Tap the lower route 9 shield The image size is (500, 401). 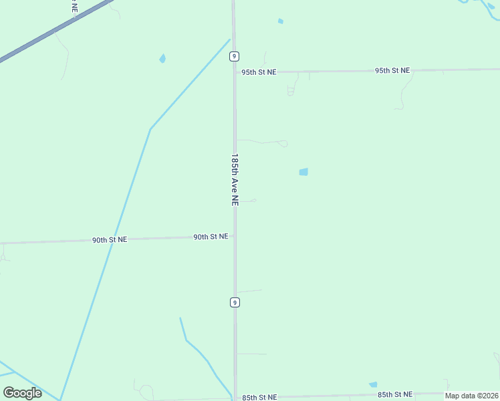235,302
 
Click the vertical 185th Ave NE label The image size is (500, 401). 235,180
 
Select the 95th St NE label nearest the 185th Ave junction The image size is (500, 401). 259,72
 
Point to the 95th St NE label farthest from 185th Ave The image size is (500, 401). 392,70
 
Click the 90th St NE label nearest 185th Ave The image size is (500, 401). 211,237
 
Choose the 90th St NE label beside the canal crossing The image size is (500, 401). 110,239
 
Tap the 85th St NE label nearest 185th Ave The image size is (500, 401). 259,397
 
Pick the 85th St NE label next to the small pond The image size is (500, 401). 395,395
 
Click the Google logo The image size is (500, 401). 22,392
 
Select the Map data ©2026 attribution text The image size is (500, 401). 471,396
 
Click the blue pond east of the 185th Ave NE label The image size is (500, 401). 303,172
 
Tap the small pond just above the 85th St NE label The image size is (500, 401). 373,384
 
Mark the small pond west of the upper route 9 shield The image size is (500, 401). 162,59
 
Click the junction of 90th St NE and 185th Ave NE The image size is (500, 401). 235,237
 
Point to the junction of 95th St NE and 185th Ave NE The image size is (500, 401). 235,72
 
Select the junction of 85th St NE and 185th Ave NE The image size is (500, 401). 235,398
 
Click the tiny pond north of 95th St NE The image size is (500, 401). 281,21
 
